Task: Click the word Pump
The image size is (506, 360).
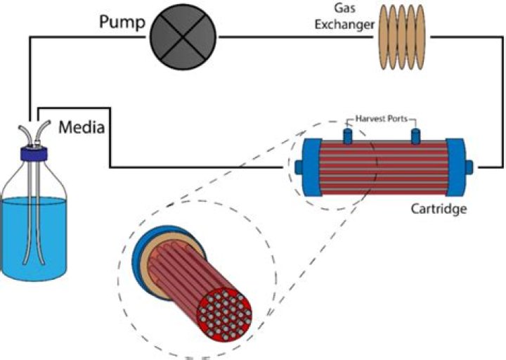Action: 121,24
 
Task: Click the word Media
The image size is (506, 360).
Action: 82,128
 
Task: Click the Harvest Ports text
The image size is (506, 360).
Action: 379,119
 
